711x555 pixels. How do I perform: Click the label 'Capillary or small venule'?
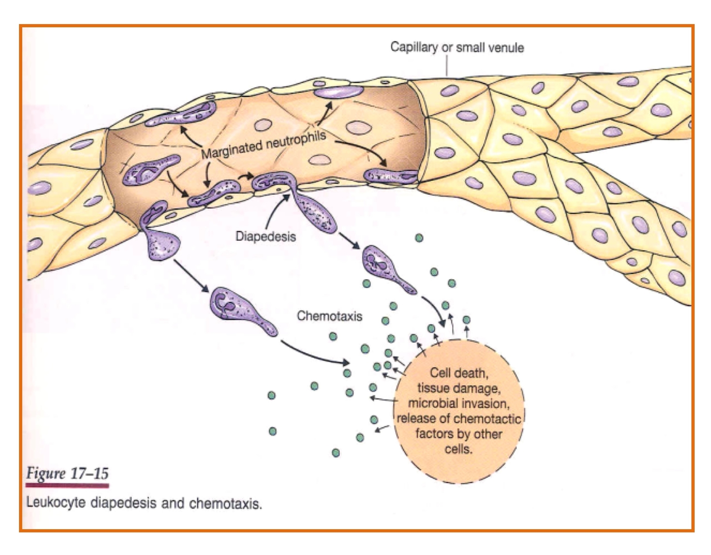tap(457, 47)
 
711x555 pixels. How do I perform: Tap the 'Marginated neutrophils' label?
tap(263, 144)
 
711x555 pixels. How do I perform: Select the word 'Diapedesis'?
tap(265, 237)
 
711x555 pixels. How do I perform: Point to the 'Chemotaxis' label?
tap(329, 316)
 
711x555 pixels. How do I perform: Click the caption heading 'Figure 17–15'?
tap(67, 474)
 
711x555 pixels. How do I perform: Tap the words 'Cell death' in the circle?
tap(458, 373)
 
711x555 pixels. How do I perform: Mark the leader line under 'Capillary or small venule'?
tap(447, 65)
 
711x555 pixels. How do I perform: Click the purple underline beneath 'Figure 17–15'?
tap(67, 486)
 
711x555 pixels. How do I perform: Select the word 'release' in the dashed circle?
tap(416, 418)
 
